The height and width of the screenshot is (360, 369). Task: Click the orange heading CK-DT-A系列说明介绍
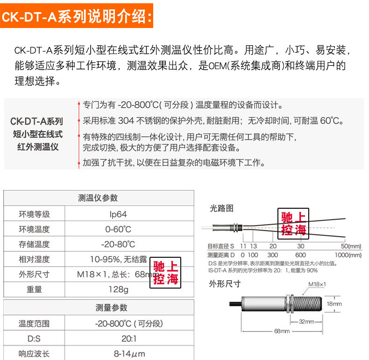coord(77,17)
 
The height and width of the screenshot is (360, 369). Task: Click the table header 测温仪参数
coord(98,198)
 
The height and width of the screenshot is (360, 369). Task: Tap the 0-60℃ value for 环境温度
coord(118,229)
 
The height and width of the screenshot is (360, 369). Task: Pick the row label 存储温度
coord(34,244)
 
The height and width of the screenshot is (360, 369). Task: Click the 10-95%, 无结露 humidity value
coord(118,259)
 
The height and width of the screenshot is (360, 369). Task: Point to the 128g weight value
coord(118,289)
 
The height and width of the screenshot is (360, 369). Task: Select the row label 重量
coord(34,289)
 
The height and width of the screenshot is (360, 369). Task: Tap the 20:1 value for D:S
coord(129,339)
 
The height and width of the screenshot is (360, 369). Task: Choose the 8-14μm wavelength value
coord(129,353)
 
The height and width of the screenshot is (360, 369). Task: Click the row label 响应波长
coord(34,353)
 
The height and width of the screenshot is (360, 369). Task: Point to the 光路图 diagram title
coord(221,209)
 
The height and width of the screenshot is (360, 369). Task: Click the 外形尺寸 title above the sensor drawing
coord(225,283)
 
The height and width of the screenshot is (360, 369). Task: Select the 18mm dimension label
coord(334,304)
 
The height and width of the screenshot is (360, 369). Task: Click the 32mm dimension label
coord(306,321)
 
